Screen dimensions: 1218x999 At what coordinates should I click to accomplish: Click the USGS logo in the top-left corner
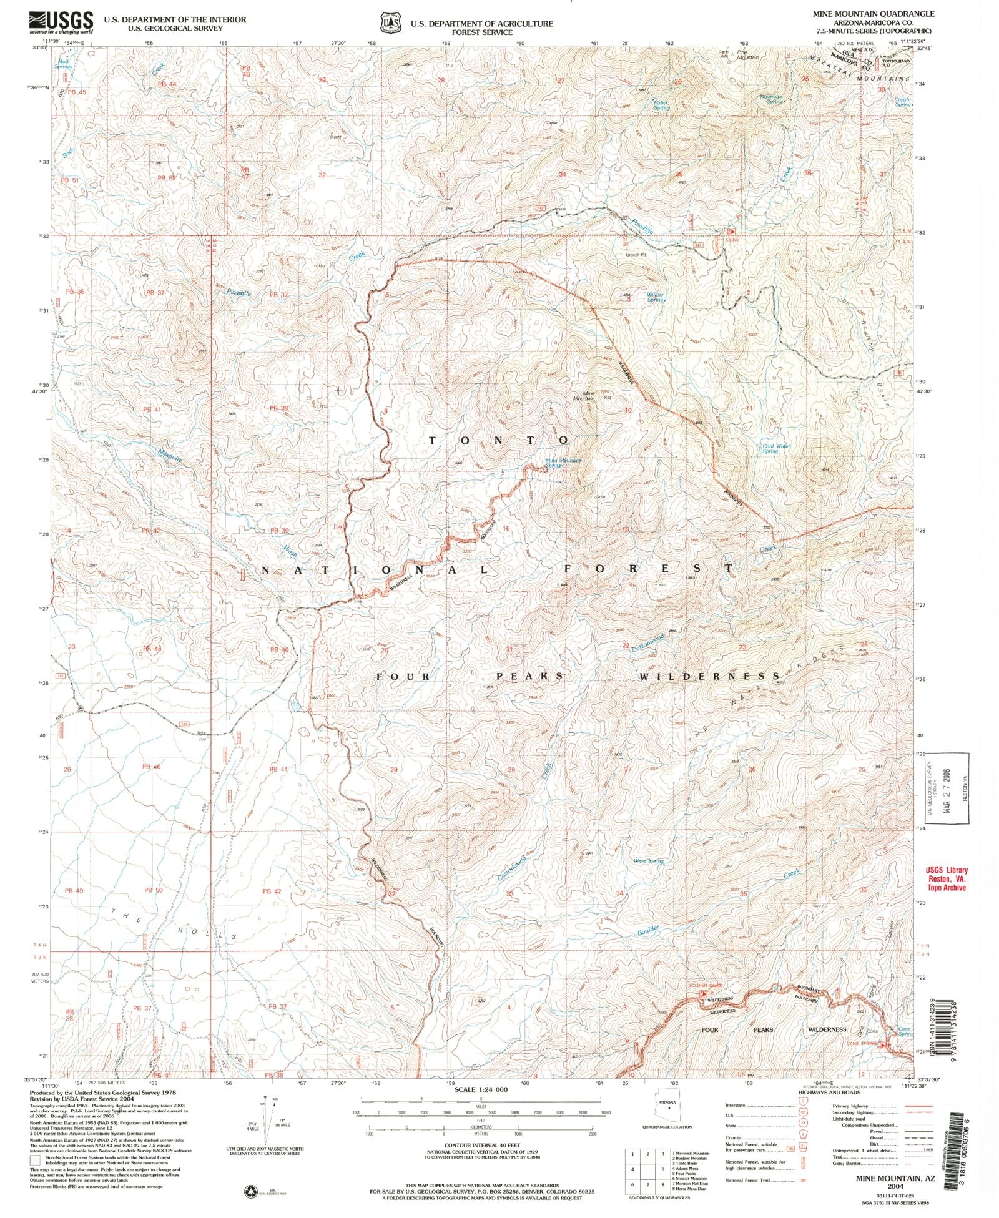[x=61, y=22]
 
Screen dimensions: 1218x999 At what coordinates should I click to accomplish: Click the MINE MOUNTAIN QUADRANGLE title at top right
[x=882, y=13]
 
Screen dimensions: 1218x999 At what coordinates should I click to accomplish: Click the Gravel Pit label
[x=636, y=254]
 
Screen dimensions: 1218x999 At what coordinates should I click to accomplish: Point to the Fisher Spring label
[x=661, y=105]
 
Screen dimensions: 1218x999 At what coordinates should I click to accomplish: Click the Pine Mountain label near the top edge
[x=747, y=54]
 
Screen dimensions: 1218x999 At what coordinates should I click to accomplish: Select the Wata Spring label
[x=649, y=862]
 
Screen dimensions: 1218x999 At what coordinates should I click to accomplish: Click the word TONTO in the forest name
[x=499, y=440]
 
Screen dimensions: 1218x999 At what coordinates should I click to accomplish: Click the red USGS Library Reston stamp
[x=947, y=878]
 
